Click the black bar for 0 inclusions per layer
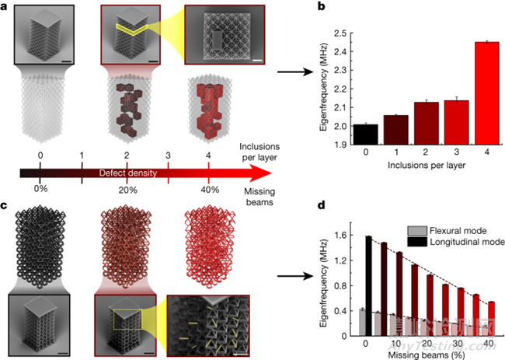pyautogui.click(x=360, y=135)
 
